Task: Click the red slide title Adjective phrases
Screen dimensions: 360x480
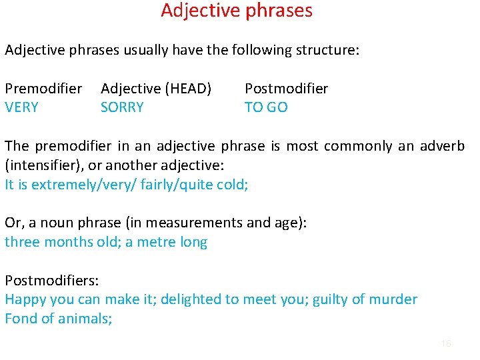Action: point(236,11)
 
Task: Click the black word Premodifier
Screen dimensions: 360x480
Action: point(43,89)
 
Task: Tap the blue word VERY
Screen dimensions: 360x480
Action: point(21,107)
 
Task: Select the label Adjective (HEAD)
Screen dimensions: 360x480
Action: point(156,89)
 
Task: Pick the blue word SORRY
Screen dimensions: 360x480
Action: point(122,107)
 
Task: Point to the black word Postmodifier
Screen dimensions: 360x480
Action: point(286,89)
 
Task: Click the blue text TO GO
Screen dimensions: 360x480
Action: point(266,107)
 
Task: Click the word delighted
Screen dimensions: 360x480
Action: point(193,300)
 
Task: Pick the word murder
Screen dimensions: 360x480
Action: point(393,300)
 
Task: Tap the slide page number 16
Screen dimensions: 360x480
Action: point(446,343)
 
